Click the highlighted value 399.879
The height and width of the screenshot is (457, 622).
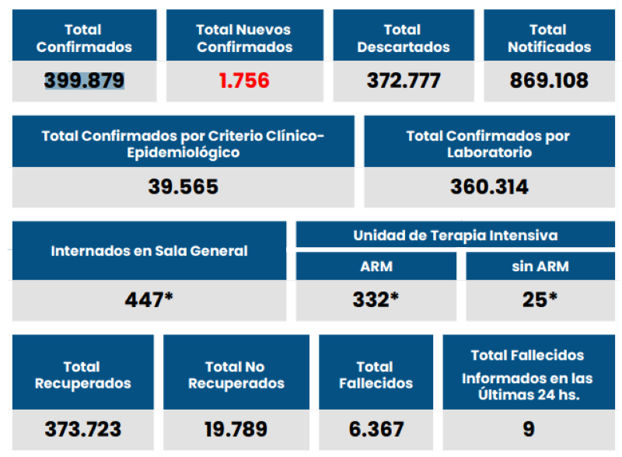coord(84,80)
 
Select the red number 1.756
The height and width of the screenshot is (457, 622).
coord(244,80)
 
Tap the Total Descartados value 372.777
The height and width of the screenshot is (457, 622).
coord(403,80)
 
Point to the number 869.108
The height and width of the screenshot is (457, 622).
coord(549,80)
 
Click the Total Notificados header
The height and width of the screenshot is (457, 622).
coord(549,38)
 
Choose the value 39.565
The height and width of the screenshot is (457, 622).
coord(183,187)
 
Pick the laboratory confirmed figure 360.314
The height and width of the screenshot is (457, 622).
coord(488,187)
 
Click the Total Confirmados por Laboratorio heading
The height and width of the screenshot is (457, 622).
coord(488,144)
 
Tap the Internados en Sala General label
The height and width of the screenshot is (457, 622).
coord(149,251)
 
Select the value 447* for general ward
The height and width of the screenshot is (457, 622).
coord(149,299)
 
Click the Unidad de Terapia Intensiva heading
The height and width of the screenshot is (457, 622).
coord(455,235)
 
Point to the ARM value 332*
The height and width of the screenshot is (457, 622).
coord(376,299)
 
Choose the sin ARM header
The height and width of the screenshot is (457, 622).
coord(540,266)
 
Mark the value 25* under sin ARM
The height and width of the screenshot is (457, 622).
coord(540,299)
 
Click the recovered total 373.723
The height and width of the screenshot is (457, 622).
coord(82,429)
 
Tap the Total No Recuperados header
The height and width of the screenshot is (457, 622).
coord(236,375)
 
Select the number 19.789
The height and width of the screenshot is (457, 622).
coord(236,429)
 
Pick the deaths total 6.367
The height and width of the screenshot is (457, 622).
coord(375,429)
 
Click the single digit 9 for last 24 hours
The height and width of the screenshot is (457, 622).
coord(528,429)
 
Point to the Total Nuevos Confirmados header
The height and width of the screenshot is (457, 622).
coord(244,38)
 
